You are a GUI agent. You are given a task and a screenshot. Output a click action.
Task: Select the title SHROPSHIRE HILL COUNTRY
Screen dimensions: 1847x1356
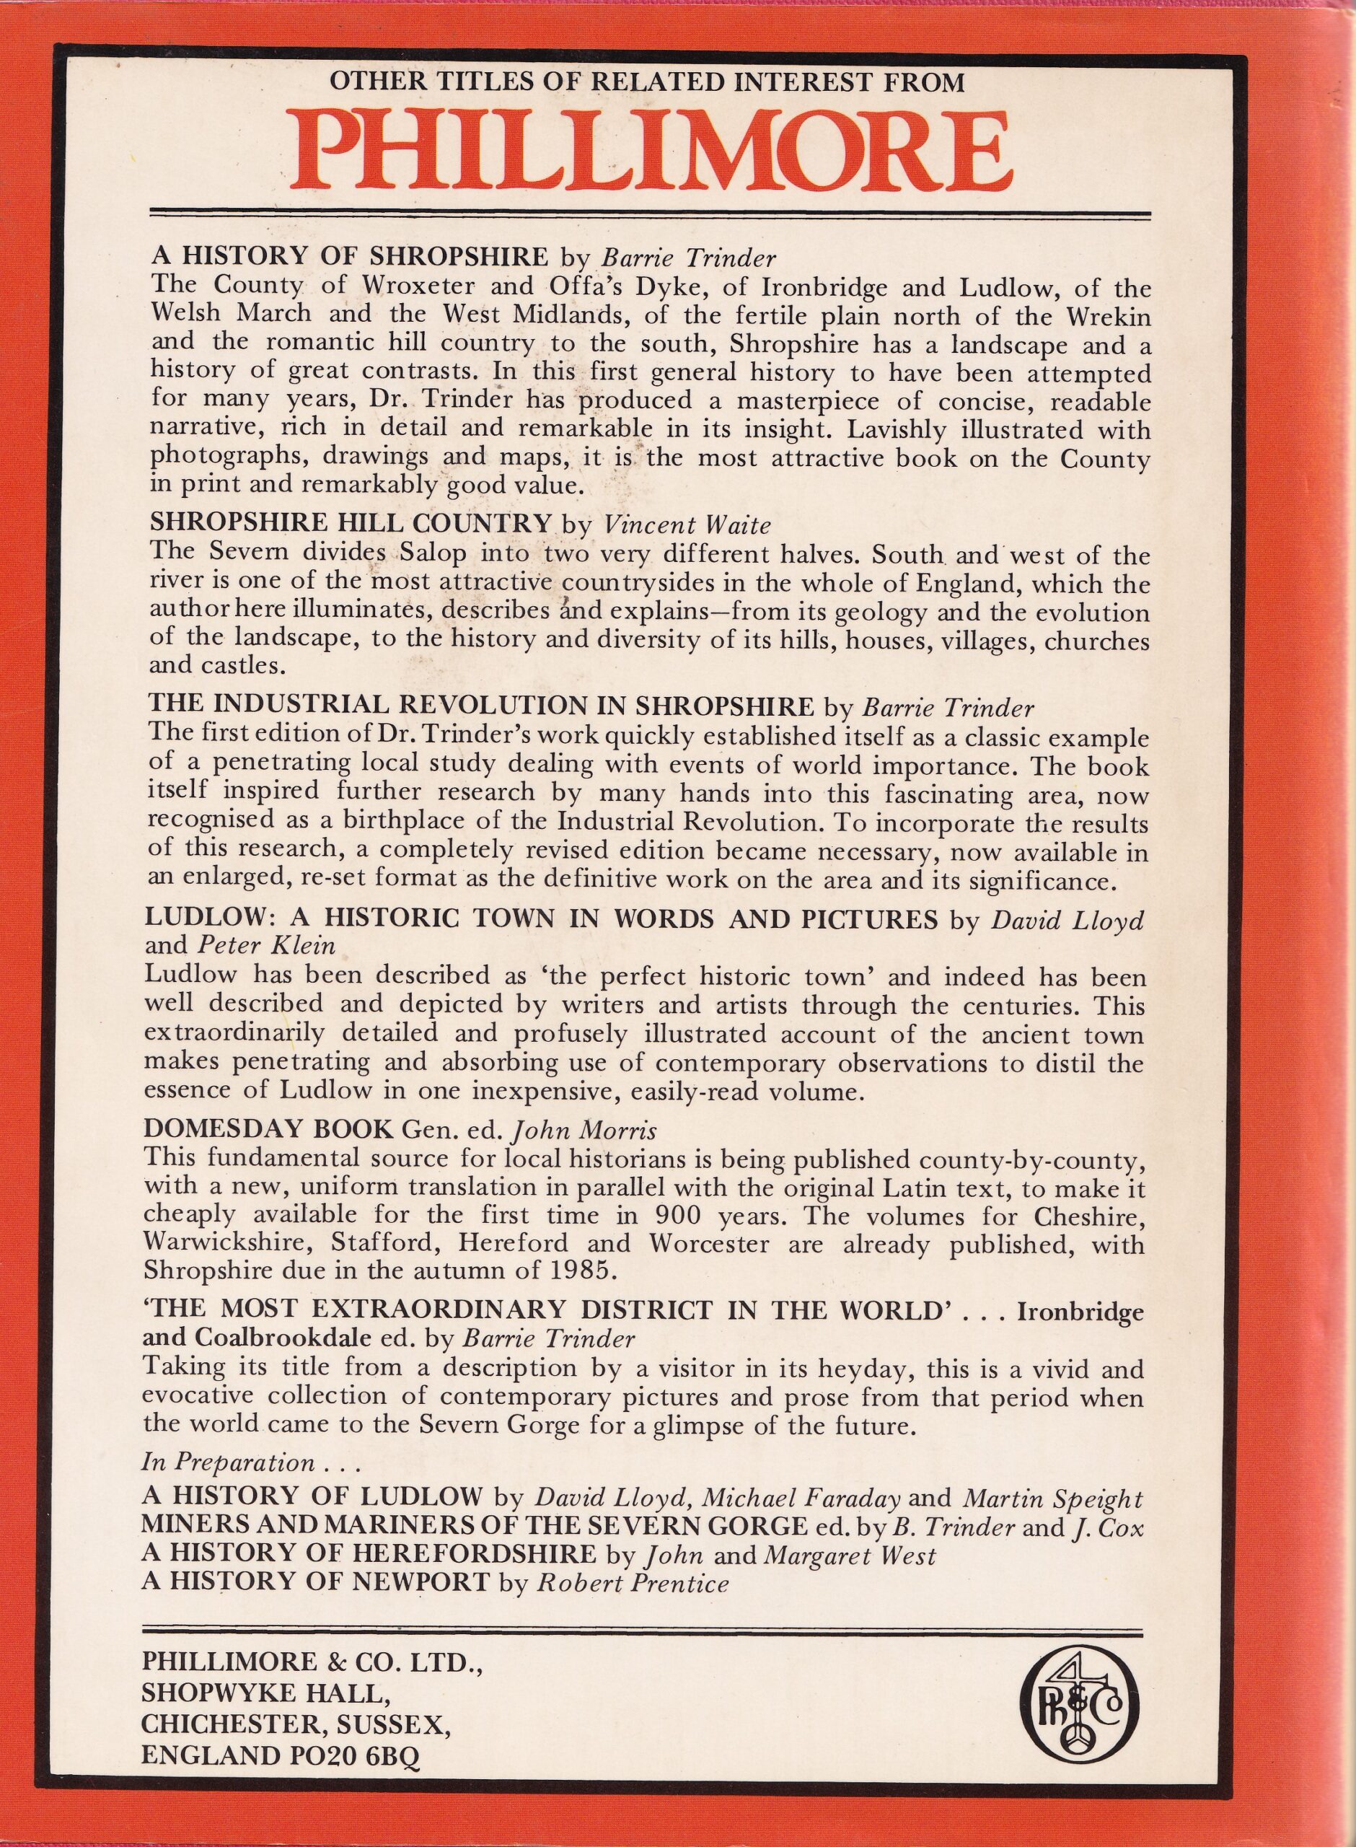click(351, 524)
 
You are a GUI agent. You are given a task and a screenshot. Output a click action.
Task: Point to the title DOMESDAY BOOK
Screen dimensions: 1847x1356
click(268, 1131)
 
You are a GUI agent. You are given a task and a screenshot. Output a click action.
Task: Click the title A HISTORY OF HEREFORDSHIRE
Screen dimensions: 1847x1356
click(369, 1554)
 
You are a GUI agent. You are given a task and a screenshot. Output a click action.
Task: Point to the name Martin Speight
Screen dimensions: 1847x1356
click(1052, 1499)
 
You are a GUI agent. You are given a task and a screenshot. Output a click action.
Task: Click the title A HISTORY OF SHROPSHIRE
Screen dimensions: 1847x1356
click(350, 257)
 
